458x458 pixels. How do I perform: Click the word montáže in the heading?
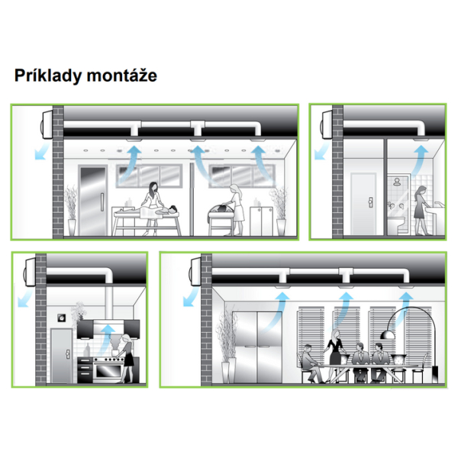[x=122, y=76]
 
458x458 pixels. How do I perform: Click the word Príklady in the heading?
[x=48, y=76]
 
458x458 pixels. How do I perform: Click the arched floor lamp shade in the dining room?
[x=389, y=335]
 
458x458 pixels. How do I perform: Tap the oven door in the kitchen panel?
[x=108, y=371]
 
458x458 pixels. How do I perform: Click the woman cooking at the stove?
[x=126, y=359]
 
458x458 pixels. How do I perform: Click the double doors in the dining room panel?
[x=257, y=347]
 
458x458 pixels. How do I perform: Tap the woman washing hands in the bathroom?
[x=421, y=210]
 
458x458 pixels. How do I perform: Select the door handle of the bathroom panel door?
[x=371, y=202]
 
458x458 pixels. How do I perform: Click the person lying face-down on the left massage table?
[x=147, y=211]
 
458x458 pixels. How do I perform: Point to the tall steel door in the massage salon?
[x=92, y=201]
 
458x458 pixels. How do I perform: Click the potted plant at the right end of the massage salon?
[x=279, y=211]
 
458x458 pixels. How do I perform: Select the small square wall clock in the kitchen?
[x=62, y=318]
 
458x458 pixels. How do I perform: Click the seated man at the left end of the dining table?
[x=311, y=363]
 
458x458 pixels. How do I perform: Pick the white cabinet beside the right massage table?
[x=261, y=221]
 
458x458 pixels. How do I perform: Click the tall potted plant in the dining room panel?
[x=227, y=346]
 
